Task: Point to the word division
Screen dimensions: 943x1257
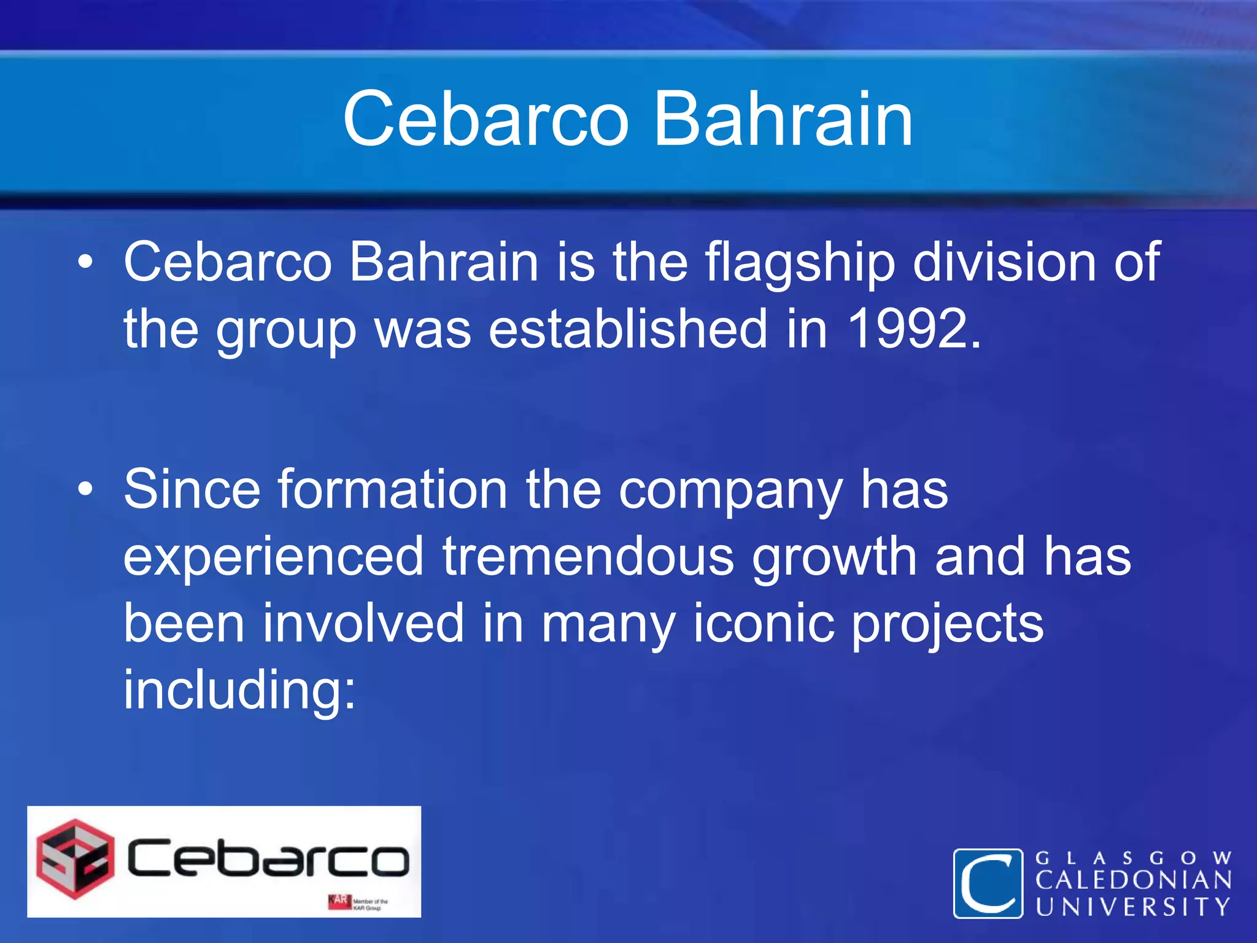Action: coord(1004,263)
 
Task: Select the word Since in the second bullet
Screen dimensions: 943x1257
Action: coord(191,490)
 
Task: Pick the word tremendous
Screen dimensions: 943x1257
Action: coord(587,556)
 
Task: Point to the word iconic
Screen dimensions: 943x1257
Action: coord(764,623)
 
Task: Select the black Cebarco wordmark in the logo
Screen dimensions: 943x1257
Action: coord(268,858)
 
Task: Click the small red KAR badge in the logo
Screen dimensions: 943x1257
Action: coord(339,901)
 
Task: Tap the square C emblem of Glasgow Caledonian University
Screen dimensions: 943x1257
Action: coord(988,883)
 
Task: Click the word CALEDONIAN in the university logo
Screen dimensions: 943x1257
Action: coord(1134,880)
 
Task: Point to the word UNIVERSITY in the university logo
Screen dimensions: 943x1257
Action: coord(1134,907)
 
